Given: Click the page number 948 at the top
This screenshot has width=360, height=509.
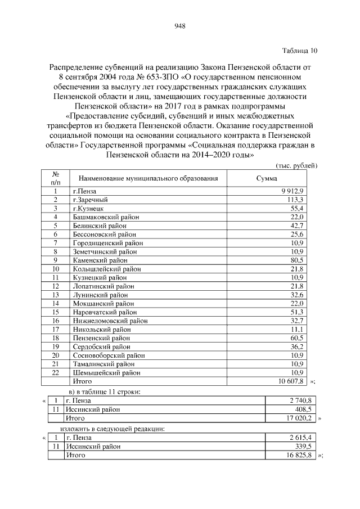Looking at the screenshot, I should (x=180, y=26).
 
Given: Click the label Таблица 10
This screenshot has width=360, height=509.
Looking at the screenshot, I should (x=300, y=51).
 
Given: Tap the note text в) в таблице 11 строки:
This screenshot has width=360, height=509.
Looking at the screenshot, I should (x=104, y=391).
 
